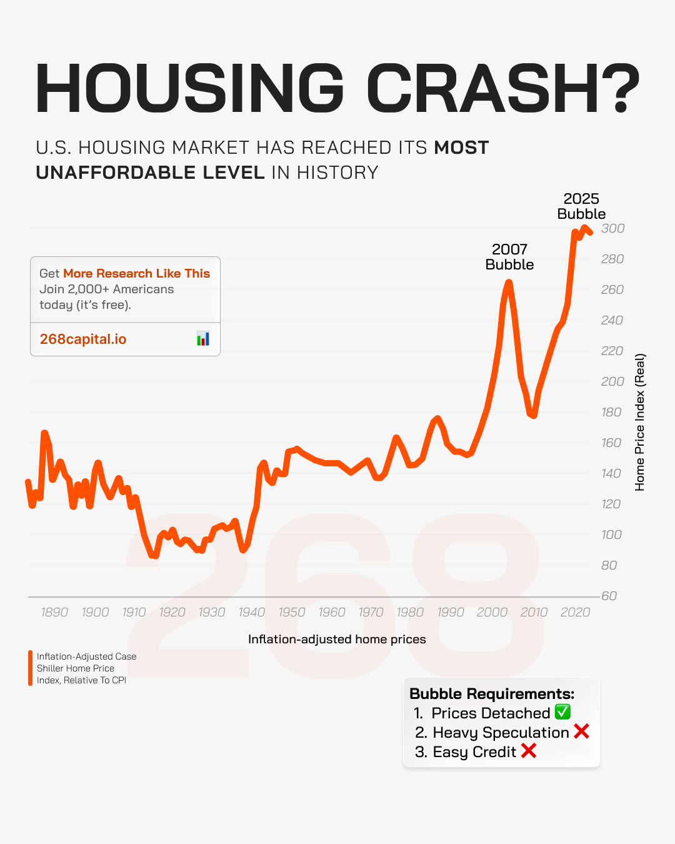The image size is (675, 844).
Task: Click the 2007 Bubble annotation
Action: point(509,257)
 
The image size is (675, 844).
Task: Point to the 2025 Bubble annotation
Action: point(581,206)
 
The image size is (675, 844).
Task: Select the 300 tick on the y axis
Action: point(612,229)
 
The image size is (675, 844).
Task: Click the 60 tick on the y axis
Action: point(609,596)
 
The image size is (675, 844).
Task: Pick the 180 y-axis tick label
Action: point(611,412)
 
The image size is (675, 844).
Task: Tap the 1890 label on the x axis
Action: point(54,613)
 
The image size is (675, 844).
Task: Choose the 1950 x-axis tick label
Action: point(291,613)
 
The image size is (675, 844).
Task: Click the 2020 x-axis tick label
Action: point(575,613)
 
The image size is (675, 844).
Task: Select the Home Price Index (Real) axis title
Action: point(640,422)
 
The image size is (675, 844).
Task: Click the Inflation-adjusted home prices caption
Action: point(337,639)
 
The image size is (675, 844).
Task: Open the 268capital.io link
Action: point(83,339)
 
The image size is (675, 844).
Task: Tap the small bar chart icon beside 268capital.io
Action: point(203,339)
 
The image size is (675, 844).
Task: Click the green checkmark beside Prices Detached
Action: point(562,712)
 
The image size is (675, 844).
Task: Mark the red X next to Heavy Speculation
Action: point(581,731)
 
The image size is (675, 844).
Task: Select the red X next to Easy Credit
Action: point(529,751)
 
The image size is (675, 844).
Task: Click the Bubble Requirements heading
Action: point(492,693)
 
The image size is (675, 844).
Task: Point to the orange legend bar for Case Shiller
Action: point(30,668)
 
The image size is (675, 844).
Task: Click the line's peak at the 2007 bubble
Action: point(509,283)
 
